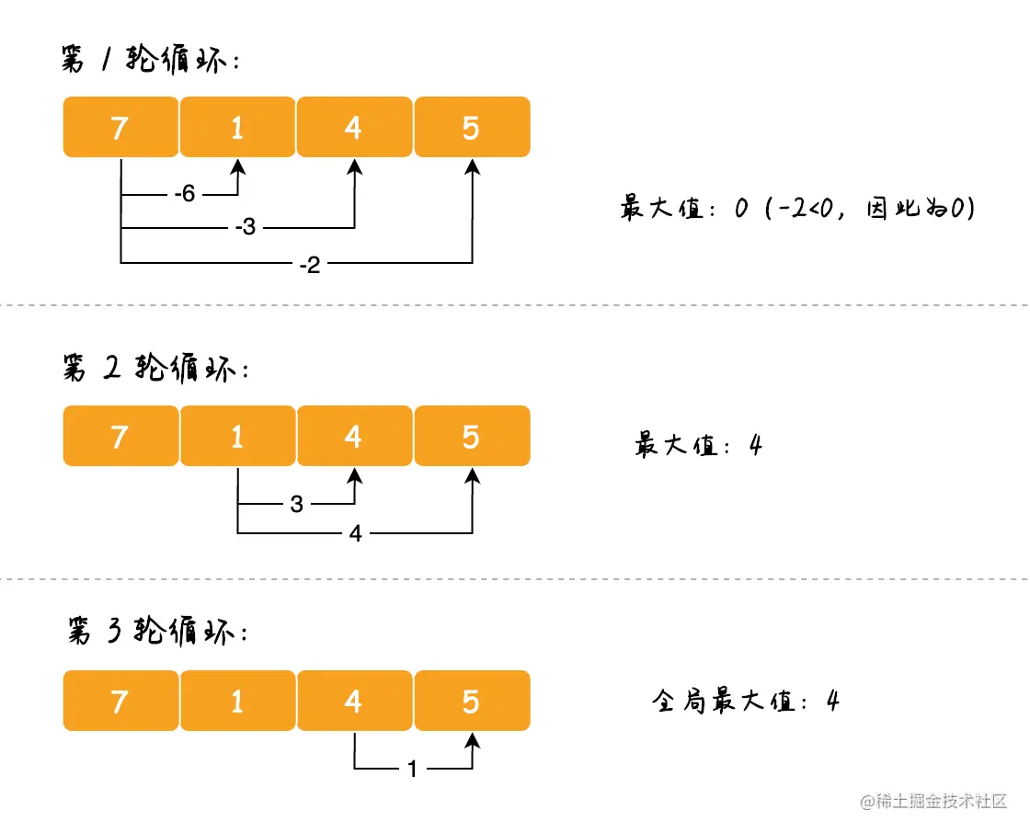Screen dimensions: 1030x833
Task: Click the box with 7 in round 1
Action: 120,127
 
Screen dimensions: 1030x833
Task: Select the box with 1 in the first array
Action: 238,127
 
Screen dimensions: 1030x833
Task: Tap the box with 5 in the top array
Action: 473,127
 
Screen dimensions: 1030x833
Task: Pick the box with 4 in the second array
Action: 355,436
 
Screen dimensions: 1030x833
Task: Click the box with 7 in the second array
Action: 120,436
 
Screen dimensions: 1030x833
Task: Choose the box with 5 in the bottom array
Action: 473,701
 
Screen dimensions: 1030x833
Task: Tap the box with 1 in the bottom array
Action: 238,701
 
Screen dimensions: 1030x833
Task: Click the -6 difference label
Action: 185,194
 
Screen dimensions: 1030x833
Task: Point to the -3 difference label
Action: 245,227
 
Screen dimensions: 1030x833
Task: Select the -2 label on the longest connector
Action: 309,266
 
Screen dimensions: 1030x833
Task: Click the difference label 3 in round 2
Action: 296,504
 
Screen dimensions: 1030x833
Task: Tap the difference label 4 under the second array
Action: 355,532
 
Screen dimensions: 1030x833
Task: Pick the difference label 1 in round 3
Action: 412,769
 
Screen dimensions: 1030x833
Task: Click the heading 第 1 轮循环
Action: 151,59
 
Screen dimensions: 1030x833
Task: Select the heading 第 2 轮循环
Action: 155,368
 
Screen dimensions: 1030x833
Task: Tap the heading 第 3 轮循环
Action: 157,632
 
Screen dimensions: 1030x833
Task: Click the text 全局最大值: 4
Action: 746,701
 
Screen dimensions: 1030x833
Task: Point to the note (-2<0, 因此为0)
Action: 870,208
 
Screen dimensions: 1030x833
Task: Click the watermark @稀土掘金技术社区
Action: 933,801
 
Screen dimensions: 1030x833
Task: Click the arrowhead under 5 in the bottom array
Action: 473,741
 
